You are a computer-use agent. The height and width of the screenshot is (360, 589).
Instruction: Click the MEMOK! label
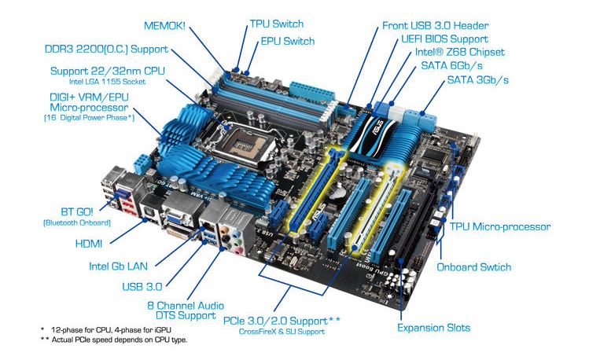click(164, 25)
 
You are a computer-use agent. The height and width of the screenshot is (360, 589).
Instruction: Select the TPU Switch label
click(277, 24)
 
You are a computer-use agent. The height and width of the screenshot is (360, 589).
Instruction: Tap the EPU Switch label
click(288, 41)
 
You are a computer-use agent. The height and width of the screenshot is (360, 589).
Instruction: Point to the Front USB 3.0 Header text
click(436, 25)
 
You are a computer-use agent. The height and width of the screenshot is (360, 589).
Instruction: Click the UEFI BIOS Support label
click(445, 39)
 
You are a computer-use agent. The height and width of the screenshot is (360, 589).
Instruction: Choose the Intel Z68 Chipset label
click(460, 52)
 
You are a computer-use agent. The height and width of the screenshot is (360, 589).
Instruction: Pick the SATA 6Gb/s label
click(452, 66)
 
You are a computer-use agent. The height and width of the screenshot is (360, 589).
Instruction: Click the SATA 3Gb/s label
click(478, 79)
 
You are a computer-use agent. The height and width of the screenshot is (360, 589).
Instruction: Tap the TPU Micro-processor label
click(500, 226)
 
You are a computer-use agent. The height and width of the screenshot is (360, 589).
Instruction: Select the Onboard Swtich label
click(473, 267)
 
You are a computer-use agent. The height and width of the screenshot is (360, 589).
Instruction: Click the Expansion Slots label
click(433, 327)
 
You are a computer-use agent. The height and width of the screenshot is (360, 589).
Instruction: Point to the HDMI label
click(89, 244)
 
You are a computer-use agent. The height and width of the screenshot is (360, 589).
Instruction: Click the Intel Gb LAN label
click(118, 266)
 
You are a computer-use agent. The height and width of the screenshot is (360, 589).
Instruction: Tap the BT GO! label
click(76, 211)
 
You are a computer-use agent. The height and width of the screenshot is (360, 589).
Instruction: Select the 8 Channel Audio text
click(186, 305)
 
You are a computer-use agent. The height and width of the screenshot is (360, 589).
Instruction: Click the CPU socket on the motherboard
click(242, 142)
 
